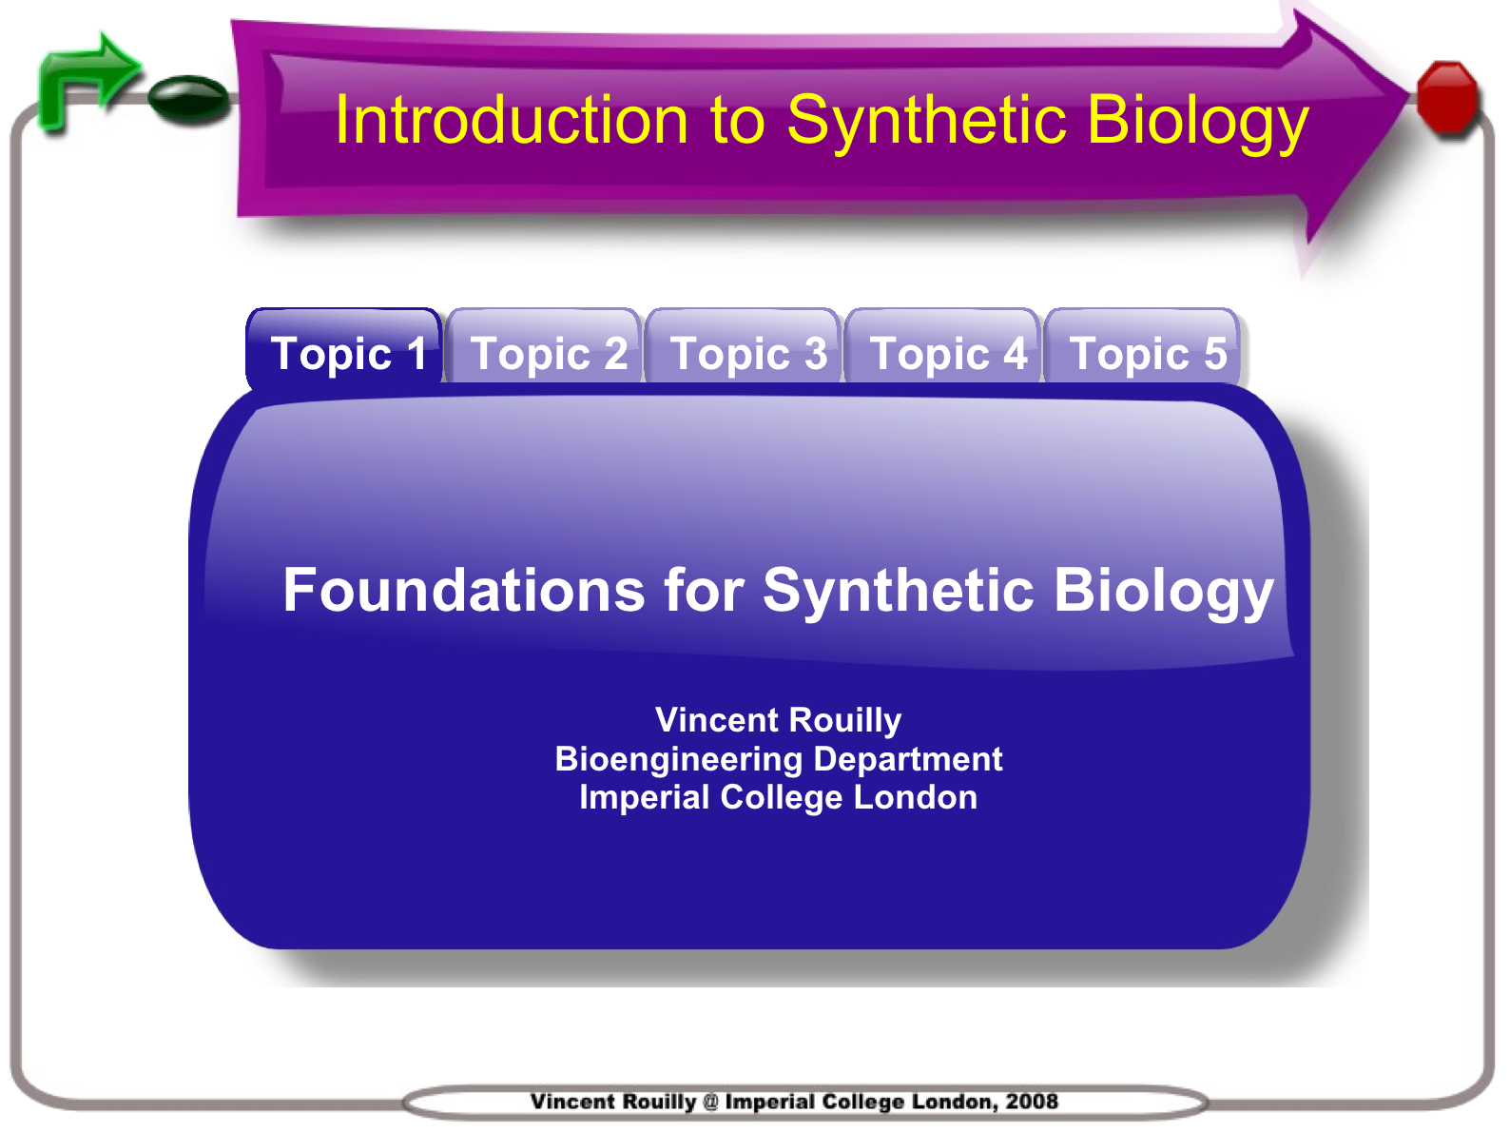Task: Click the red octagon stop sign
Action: (x=1448, y=96)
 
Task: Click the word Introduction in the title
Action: (x=512, y=120)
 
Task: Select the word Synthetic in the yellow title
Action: (x=927, y=123)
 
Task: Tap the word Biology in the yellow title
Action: (x=1198, y=123)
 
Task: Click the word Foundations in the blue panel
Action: (x=464, y=590)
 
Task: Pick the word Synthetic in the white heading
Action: (x=899, y=593)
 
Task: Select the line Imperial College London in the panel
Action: (x=778, y=798)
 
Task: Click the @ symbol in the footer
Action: (x=711, y=1102)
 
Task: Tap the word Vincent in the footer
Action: (x=572, y=1101)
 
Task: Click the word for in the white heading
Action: (x=704, y=590)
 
